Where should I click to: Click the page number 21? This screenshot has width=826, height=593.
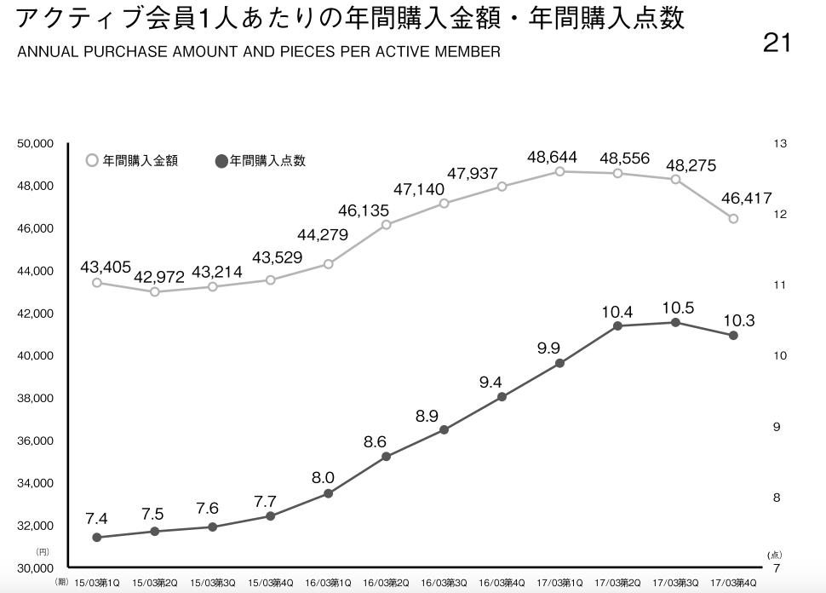pyautogui.click(x=777, y=43)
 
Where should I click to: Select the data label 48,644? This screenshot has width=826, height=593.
pyautogui.click(x=552, y=157)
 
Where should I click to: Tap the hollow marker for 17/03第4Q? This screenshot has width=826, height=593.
pyautogui.click(x=733, y=219)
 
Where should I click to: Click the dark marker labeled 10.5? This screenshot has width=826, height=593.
pyautogui.click(x=675, y=323)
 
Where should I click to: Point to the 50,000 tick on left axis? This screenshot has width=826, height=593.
pyautogui.click(x=35, y=143)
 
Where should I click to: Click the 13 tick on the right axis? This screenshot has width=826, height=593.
pyautogui.click(x=780, y=143)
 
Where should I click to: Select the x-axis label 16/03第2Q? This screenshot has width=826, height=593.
pyautogui.click(x=386, y=583)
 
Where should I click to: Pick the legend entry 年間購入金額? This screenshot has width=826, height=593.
pyautogui.click(x=132, y=161)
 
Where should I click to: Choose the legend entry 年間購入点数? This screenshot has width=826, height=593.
pyautogui.click(x=261, y=161)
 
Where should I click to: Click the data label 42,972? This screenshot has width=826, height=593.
pyautogui.click(x=159, y=277)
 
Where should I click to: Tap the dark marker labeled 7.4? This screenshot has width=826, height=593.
pyautogui.click(x=97, y=537)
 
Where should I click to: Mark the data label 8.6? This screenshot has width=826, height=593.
pyautogui.click(x=375, y=441)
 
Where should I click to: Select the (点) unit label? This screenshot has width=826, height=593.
pyautogui.click(x=774, y=555)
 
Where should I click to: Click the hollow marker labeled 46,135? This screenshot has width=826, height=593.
pyautogui.click(x=386, y=225)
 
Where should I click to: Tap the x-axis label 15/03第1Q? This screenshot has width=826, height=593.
pyautogui.click(x=97, y=583)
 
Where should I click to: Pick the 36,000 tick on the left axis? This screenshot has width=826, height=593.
pyautogui.click(x=35, y=440)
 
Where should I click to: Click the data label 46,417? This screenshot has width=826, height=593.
pyautogui.click(x=747, y=199)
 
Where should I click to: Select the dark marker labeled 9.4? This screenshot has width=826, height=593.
pyautogui.click(x=502, y=397)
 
